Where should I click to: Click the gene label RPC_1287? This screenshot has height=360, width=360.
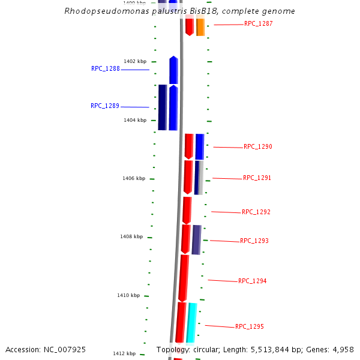point(258,24)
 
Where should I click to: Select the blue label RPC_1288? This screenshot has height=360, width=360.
point(106,69)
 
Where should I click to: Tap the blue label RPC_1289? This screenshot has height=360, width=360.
point(105,106)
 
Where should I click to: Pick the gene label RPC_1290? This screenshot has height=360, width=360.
point(257,147)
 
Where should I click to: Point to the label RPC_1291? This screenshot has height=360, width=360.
point(257,178)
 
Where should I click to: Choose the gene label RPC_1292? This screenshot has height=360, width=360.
point(256,212)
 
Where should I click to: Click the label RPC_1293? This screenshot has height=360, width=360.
point(254,241)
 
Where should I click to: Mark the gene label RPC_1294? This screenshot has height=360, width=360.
point(252,281)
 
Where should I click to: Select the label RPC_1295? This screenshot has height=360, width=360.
point(249,327)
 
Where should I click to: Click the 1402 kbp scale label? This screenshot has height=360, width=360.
point(135,61)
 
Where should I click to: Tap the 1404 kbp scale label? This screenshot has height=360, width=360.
point(135,120)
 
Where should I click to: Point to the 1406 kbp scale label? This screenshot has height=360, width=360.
point(134,178)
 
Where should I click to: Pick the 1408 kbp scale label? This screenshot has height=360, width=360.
point(131,236)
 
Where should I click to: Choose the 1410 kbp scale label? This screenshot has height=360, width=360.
point(128,295)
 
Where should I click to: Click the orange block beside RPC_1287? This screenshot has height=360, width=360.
point(200,27)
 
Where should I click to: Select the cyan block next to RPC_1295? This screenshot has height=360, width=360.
point(191,323)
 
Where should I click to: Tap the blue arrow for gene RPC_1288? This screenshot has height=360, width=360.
point(173,70)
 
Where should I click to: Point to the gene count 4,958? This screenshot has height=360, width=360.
point(341,349)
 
